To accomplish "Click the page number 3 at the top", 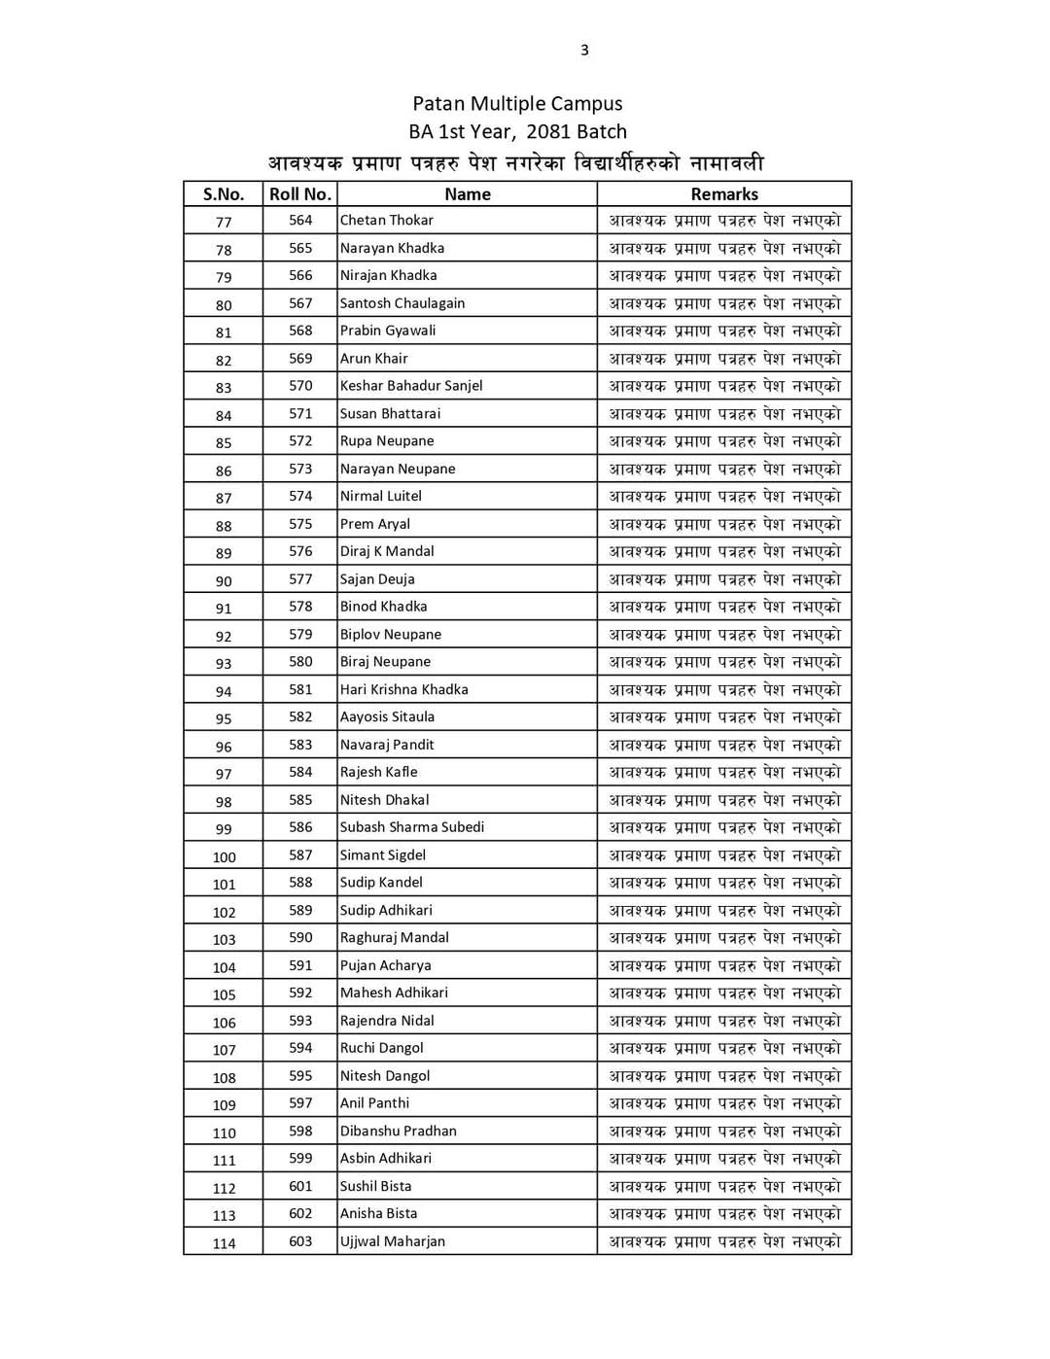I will tap(584, 51).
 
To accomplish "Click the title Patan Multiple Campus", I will tap(517, 103).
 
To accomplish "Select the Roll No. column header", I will tap(300, 193).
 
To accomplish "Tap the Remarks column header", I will tap(724, 193).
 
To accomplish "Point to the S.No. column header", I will tap(224, 193).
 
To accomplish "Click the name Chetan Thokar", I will tap(387, 221).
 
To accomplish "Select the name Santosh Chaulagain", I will tap(402, 303).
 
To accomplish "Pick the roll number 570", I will tap(300, 386).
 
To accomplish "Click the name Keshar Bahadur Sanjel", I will tap(411, 386).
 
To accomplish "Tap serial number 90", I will tap(224, 581).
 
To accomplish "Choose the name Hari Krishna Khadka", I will tap(404, 689).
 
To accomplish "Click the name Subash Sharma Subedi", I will tap(412, 827).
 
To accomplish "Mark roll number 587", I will tap(300, 855).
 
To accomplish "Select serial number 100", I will tap(224, 857).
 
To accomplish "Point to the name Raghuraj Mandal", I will tap(395, 938).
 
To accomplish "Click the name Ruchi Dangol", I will tap(382, 1048).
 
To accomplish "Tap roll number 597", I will tap(300, 1103).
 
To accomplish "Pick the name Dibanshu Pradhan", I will tap(399, 1132).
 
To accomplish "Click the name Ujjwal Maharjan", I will tap(393, 1241).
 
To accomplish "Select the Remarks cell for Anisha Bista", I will tap(724, 1214).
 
